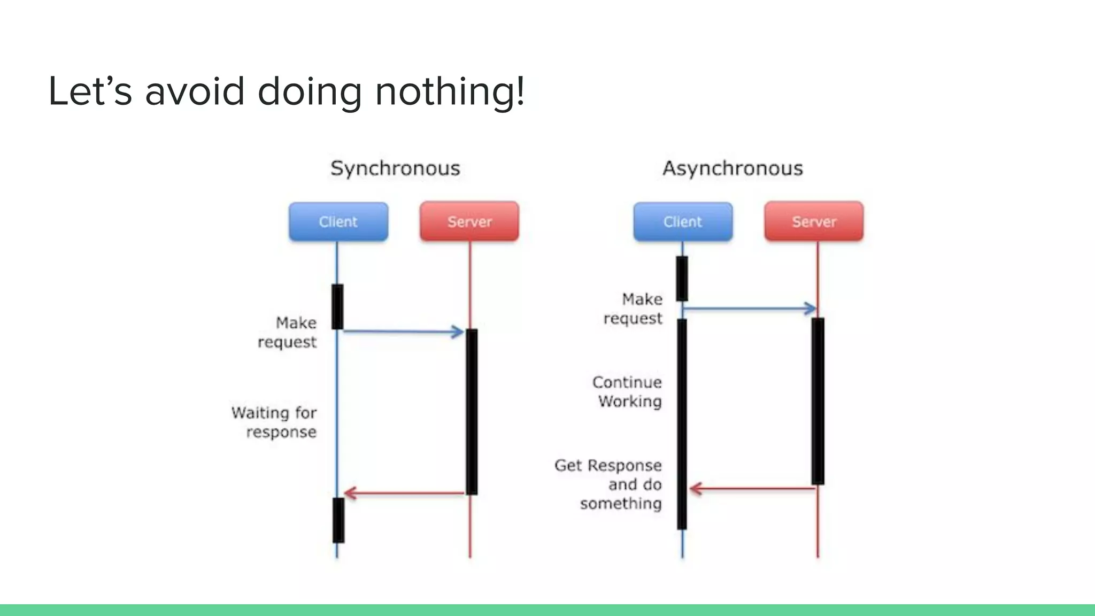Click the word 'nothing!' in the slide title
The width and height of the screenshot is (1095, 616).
(x=450, y=91)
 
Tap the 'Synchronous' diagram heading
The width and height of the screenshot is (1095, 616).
(x=395, y=168)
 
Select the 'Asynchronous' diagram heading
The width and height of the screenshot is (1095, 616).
(x=732, y=168)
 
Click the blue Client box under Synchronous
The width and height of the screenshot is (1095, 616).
(x=338, y=221)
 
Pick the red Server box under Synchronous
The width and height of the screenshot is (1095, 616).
(x=469, y=221)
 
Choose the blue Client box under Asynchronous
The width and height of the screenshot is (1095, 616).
(x=683, y=221)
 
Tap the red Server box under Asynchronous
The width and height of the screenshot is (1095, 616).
(x=814, y=221)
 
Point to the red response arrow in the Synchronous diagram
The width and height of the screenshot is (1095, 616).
(x=404, y=492)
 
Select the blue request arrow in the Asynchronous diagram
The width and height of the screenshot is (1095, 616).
(x=749, y=309)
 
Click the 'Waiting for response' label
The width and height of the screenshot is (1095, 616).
(x=274, y=422)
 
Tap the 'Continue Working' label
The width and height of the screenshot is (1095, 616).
(x=628, y=391)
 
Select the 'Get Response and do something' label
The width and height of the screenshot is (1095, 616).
(x=610, y=484)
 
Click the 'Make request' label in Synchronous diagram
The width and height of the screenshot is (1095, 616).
(x=288, y=332)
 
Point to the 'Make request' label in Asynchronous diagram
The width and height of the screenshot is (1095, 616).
(x=634, y=309)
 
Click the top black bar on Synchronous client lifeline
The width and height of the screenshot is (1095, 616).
(x=337, y=306)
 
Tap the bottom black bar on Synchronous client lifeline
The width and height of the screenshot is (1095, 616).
(x=338, y=520)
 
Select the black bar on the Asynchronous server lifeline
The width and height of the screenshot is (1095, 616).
(x=818, y=401)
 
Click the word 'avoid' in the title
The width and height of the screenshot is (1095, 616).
(x=195, y=91)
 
